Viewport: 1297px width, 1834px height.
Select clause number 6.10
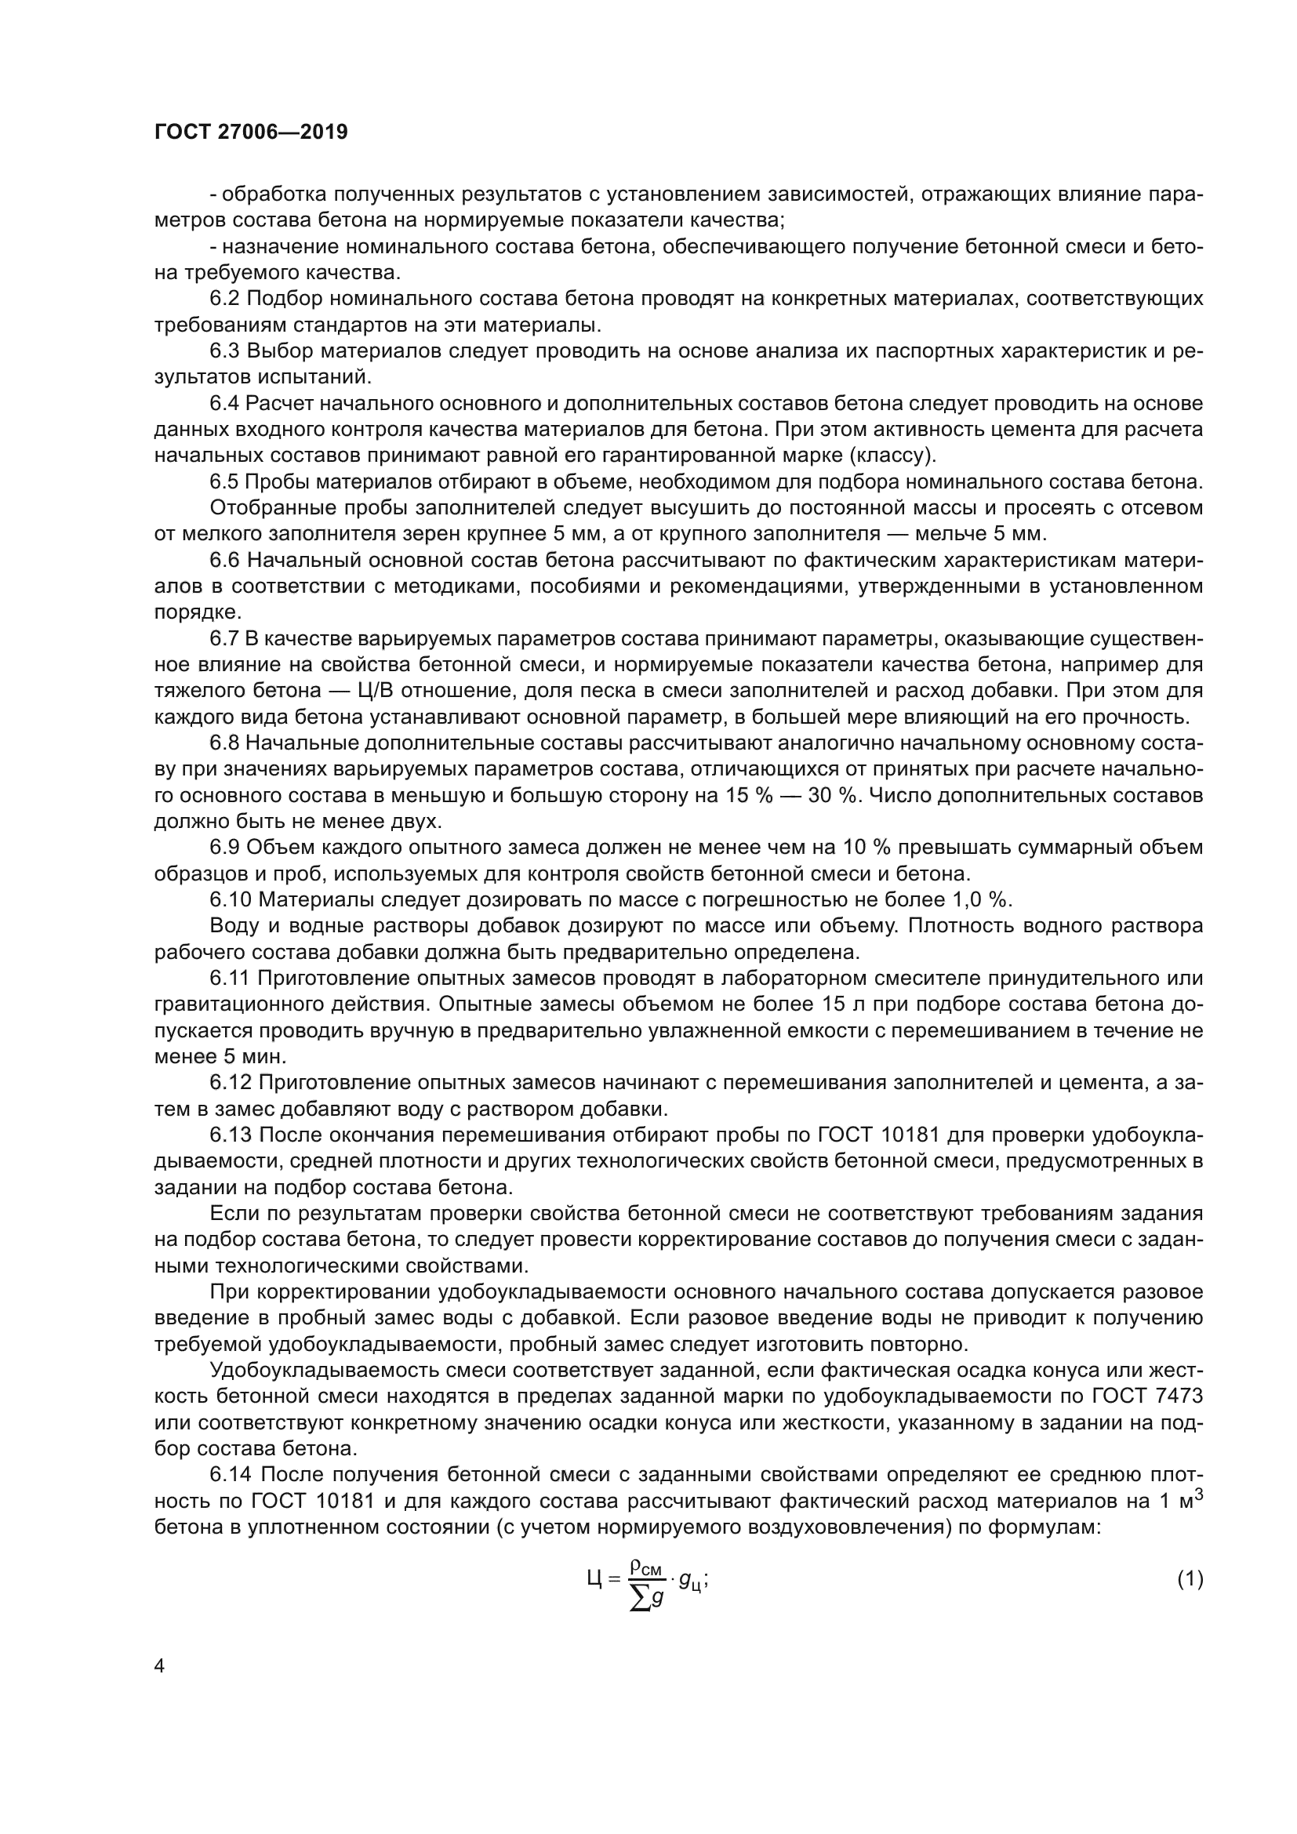[x=231, y=900]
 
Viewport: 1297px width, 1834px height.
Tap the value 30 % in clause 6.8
[x=832, y=796]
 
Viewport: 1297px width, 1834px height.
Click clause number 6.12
[x=231, y=1083]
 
